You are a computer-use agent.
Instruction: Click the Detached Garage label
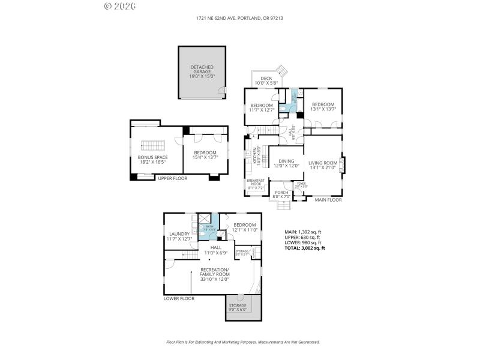point(202,72)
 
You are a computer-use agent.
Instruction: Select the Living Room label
point(322,165)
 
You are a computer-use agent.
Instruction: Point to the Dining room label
point(286,163)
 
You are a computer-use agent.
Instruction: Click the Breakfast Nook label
point(256,185)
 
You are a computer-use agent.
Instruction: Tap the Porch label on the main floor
point(281,194)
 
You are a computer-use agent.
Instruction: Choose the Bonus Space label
point(152,160)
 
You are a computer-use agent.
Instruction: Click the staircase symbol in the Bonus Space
point(152,146)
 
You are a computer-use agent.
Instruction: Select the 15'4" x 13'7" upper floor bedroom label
point(205,155)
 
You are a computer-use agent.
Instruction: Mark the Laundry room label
point(179,236)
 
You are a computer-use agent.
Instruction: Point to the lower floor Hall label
point(215,250)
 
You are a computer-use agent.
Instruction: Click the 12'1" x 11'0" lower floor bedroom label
point(245,227)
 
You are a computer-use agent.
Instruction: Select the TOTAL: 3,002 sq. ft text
point(304,248)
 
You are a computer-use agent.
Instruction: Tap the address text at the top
point(239,18)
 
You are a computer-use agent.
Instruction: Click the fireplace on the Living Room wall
point(343,164)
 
